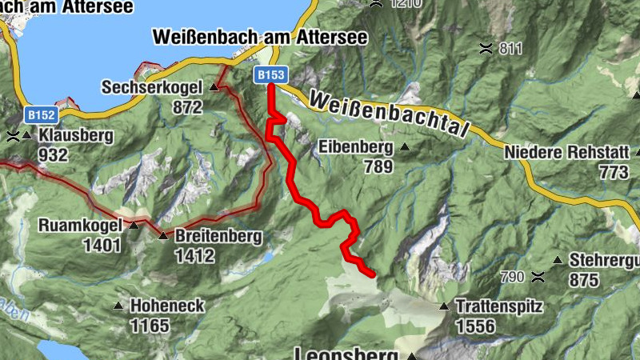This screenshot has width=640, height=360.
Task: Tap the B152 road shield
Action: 40,115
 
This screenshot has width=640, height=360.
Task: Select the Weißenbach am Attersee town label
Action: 259,38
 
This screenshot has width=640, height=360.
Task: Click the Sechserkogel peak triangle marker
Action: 214,87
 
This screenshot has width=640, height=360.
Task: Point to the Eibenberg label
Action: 355,147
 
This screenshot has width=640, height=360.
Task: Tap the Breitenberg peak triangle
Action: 163,236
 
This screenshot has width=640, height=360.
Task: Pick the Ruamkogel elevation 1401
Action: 102,246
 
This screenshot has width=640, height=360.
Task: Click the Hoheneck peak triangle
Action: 118,306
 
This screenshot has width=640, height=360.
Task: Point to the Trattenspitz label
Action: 499,306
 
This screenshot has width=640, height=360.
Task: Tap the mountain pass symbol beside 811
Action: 485,48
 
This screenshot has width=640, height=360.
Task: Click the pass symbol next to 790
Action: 540,278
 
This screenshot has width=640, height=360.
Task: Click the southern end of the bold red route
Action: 372,274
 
